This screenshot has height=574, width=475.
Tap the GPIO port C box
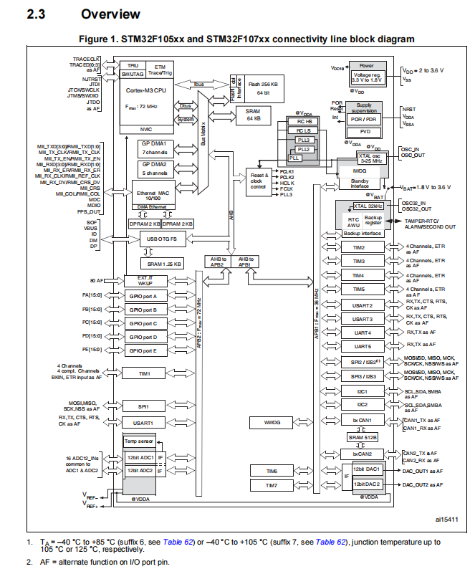tap(148, 323)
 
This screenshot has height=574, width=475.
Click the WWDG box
tap(274, 423)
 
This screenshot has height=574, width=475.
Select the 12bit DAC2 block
tap(368, 484)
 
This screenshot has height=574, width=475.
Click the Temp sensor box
tap(140, 441)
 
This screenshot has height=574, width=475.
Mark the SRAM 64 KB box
tap(254, 115)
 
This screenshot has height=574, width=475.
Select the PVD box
tap(365, 132)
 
